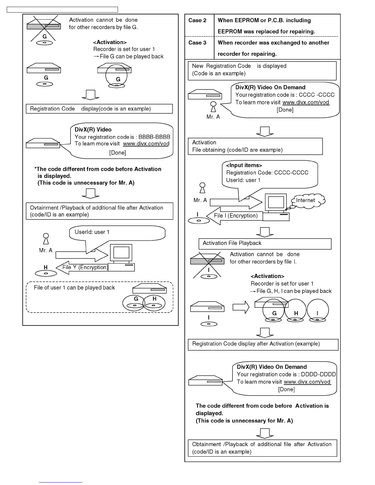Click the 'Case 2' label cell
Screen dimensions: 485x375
197,21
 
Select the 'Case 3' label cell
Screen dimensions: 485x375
197,43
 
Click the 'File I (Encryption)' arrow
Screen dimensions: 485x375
234,216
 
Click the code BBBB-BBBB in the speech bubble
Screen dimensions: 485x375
154,137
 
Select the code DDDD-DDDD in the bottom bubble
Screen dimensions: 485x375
318,374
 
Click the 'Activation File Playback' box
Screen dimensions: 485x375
265,244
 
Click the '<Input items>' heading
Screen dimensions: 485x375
244,165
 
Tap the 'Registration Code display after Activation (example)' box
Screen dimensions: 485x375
263,344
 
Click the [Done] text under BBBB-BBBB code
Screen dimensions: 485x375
118,152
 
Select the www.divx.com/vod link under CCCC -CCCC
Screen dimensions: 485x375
306,102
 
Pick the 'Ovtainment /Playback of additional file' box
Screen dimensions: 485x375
99,211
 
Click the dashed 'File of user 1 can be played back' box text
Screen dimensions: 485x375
74,288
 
